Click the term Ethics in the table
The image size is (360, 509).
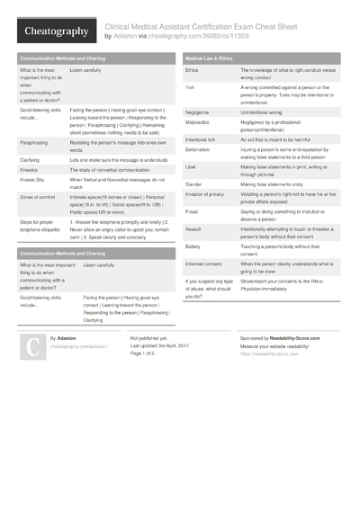(x=192, y=69)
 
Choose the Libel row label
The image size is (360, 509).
(x=191, y=167)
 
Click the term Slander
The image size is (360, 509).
(x=194, y=183)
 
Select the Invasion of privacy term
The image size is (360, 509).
(x=206, y=194)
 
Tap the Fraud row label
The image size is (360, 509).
(x=192, y=211)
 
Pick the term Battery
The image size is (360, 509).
(x=193, y=246)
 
